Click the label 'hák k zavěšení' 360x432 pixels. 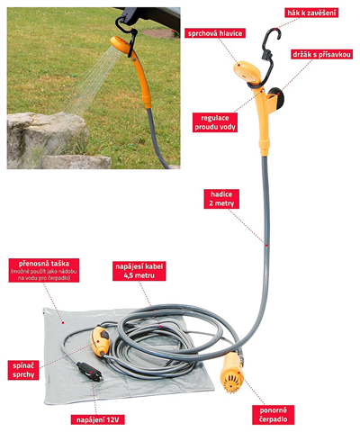coord(311,13)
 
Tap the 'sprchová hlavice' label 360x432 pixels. coord(215,33)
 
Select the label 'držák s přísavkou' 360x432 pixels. coord(321,54)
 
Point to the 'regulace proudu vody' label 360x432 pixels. coord(215,122)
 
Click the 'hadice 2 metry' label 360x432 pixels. coord(221,199)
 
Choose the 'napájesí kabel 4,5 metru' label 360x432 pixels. coord(139,271)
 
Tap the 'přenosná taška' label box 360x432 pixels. coord(44,270)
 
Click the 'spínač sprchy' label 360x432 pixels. coord(23,370)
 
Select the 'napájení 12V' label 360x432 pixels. coord(97,419)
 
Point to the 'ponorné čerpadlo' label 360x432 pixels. coord(273,415)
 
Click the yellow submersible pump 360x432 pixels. coord(232,373)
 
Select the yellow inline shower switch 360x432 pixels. coord(100,341)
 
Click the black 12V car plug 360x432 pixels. coord(90,372)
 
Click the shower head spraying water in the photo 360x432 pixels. coord(121,43)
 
